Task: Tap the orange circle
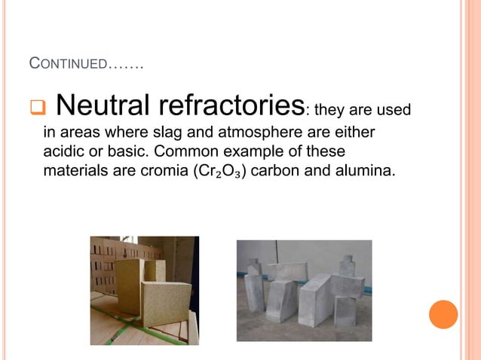pyautogui.click(x=443, y=314)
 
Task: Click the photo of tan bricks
pyautogui.click(x=144, y=290)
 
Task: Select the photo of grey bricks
pyautogui.click(x=304, y=290)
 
